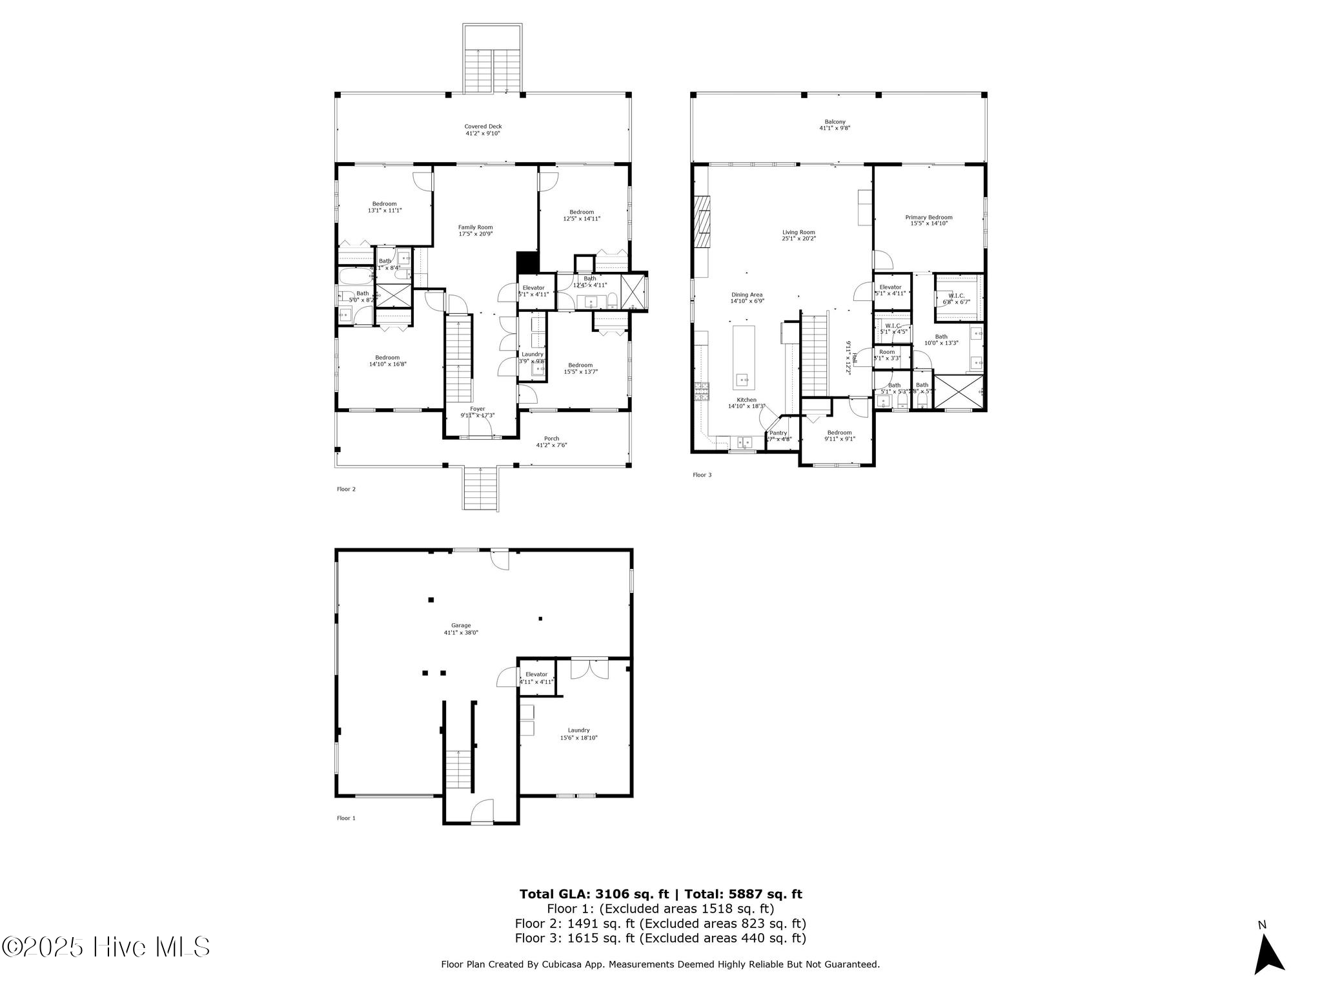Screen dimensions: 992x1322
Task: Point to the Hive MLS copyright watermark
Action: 107,947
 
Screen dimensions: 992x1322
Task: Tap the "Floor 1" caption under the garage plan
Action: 346,818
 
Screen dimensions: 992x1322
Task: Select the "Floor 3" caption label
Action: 702,475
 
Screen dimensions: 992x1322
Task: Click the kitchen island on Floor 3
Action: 744,355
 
